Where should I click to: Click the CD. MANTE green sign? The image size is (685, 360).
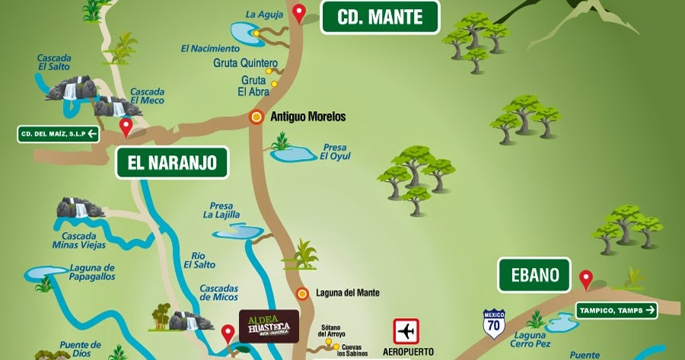pos(381,17)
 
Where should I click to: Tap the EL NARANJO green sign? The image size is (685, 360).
pos(172,162)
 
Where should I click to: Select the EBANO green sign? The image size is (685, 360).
pos(534,275)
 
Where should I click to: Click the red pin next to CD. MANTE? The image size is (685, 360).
pos(300,13)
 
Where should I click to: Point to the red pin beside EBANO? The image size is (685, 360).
pos(585,279)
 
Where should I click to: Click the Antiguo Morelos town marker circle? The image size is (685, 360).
pos(257,117)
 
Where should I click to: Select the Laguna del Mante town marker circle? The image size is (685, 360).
pos(302,293)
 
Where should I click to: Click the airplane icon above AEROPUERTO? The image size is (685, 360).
pos(406,333)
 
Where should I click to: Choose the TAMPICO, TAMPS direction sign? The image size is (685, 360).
pos(616,310)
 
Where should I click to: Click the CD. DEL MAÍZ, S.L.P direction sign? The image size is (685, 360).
pos(59,135)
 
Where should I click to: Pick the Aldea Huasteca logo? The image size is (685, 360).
pos(269,326)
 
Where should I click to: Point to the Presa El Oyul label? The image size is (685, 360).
pos(335,151)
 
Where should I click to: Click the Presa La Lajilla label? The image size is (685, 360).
pos(221,210)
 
